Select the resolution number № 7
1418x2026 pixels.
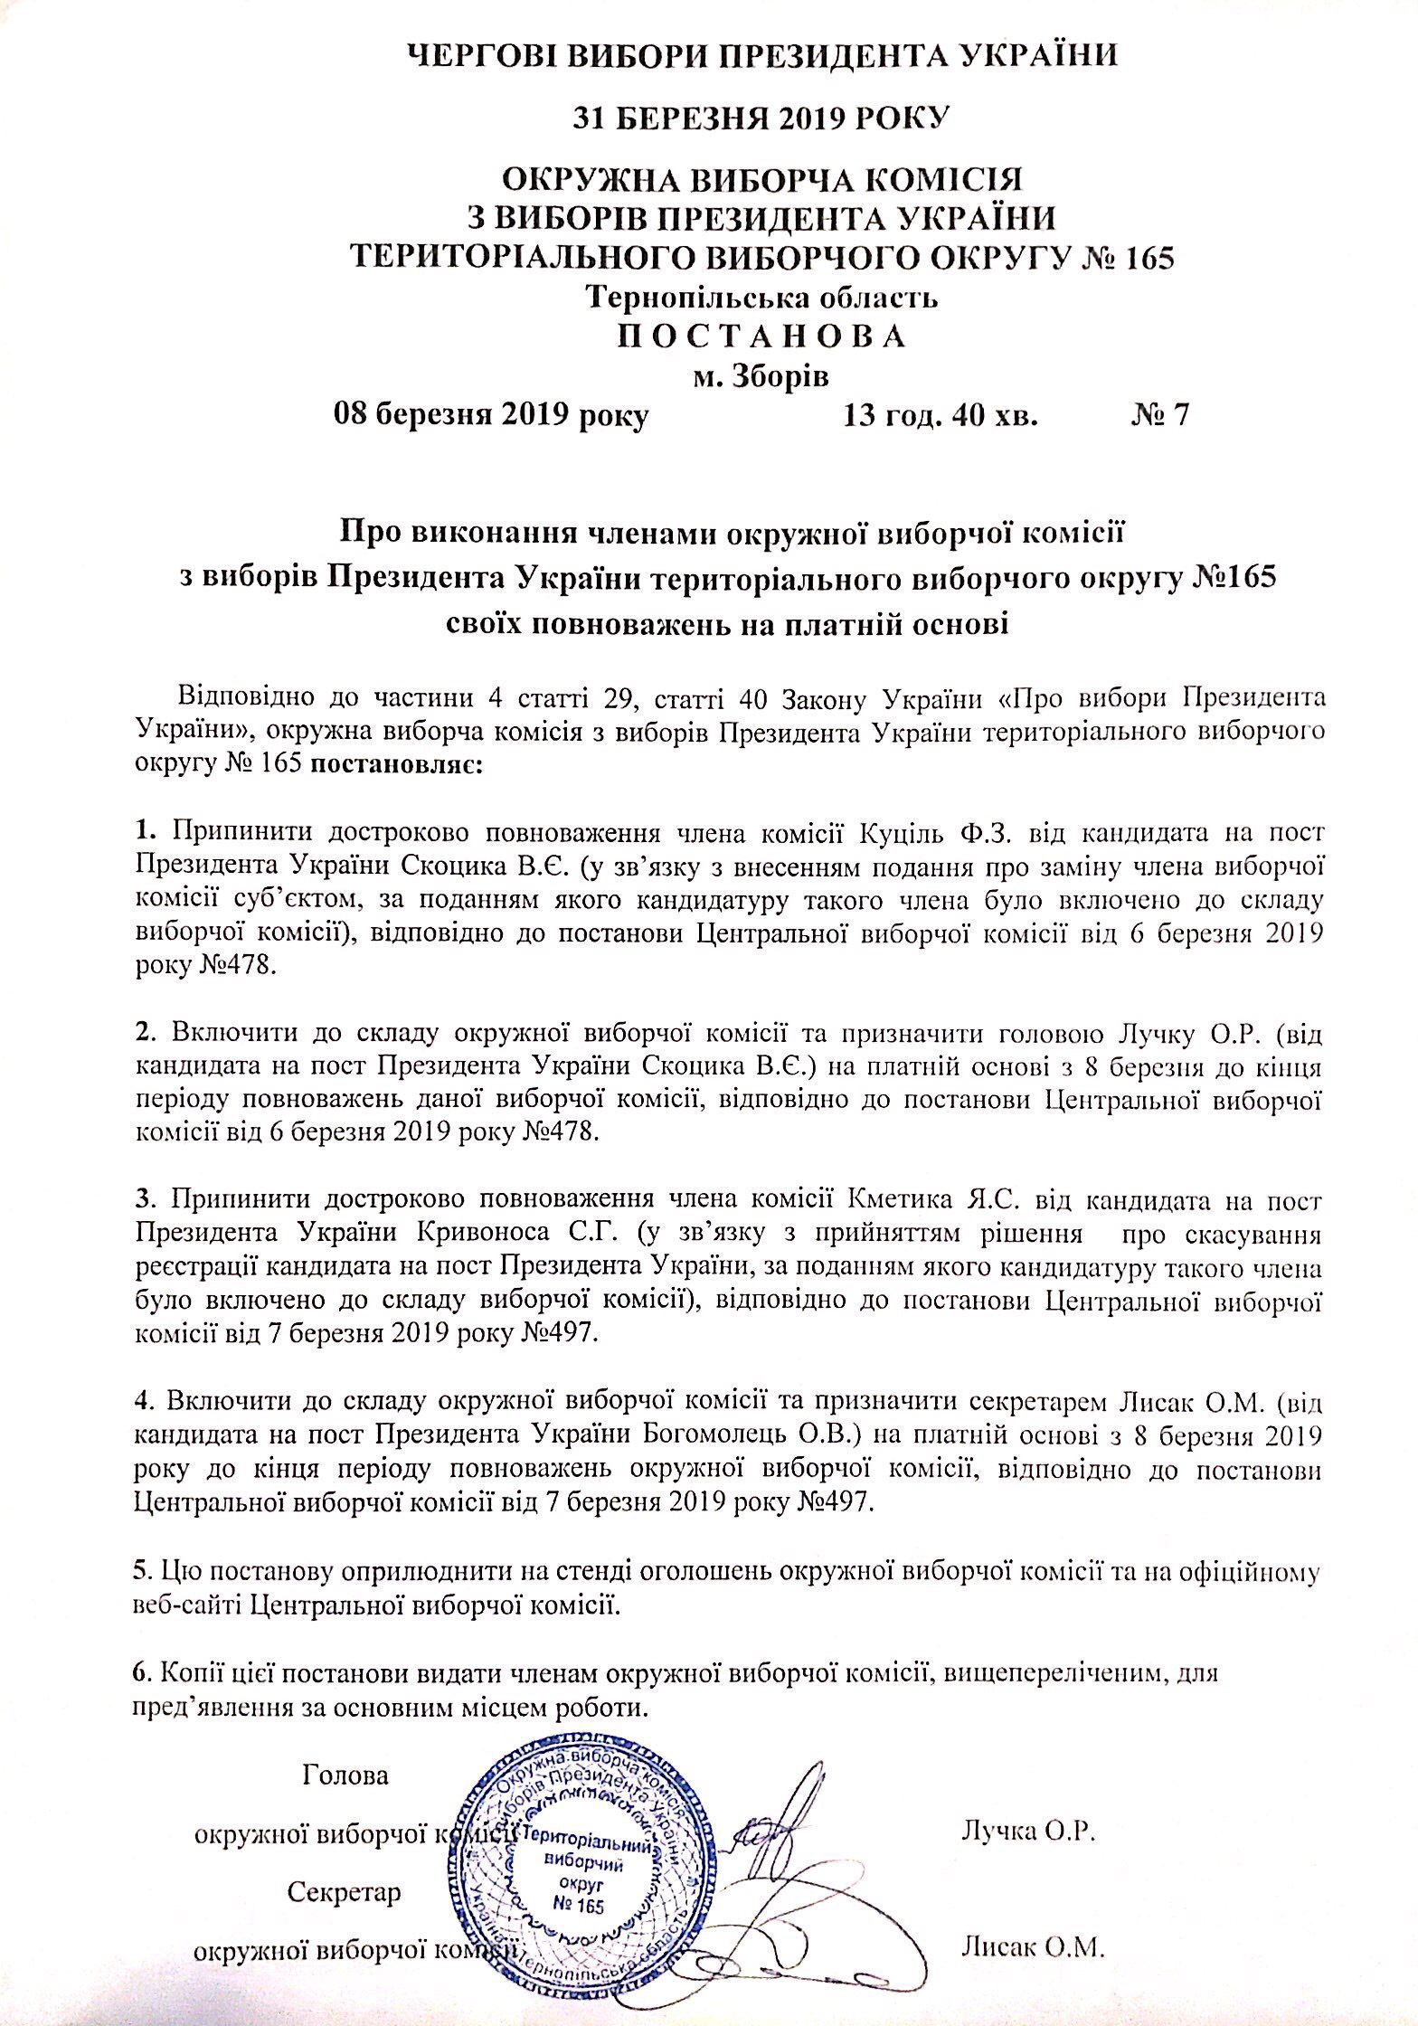click(1159, 415)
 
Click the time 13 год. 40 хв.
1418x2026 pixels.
click(941, 415)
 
